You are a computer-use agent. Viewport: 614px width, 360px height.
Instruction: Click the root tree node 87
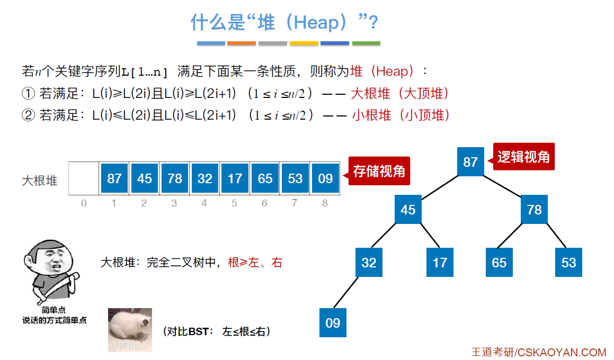[470, 161]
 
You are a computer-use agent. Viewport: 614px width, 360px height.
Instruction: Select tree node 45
[408, 210]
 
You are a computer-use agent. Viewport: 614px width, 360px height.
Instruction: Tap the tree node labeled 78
[534, 210]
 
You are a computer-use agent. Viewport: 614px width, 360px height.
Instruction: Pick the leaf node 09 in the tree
[333, 322]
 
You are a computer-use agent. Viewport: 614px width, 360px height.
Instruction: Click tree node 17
[440, 263]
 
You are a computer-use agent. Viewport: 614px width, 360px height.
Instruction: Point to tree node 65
[499, 263]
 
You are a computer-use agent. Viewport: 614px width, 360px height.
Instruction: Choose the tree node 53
[568, 263]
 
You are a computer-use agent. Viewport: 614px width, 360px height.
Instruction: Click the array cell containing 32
[204, 178]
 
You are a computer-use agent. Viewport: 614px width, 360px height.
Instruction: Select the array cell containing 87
[114, 178]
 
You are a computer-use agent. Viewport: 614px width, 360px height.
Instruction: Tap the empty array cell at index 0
[84, 178]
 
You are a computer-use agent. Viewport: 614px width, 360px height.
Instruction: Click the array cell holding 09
[325, 178]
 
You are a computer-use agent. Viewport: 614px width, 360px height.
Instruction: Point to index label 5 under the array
[235, 203]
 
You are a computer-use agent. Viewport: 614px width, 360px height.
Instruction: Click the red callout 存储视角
[379, 171]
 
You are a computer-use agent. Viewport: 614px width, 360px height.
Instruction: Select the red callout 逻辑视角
[524, 157]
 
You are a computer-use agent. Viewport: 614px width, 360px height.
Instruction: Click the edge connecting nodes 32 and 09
[351, 292]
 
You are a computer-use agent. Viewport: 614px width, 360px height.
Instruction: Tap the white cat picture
[130, 330]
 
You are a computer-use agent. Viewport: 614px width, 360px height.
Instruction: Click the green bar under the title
[366, 43]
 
